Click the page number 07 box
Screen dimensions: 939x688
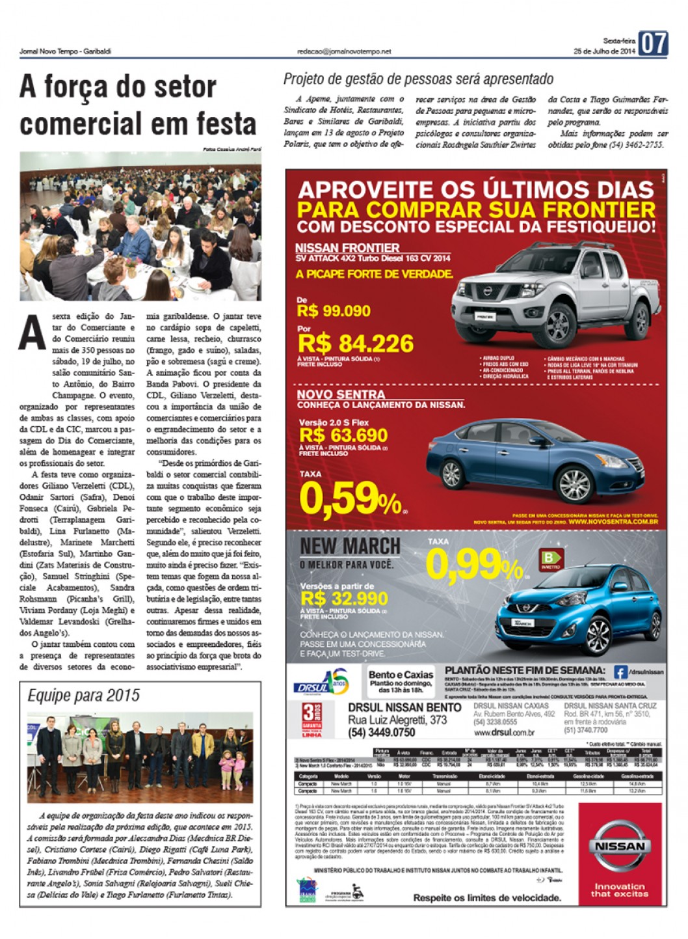(x=653, y=44)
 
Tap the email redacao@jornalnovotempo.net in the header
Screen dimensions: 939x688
(x=344, y=51)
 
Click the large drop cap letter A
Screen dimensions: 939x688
(x=33, y=333)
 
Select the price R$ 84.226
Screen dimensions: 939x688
(x=355, y=344)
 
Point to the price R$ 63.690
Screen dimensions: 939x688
(x=343, y=435)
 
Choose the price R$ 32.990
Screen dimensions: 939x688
(x=344, y=598)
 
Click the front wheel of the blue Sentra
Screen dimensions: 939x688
(x=574, y=483)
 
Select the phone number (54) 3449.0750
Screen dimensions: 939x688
(x=382, y=732)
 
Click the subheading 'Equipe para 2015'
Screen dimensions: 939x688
(x=83, y=696)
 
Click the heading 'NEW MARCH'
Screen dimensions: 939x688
(x=350, y=546)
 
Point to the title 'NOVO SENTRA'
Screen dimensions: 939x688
(x=341, y=394)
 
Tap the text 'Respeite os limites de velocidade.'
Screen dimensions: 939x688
(x=486, y=898)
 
